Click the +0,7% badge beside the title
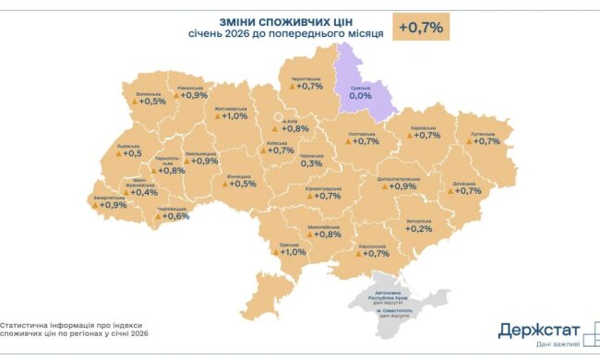coord(422,28)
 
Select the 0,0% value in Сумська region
coord(359,95)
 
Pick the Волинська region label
coord(149,92)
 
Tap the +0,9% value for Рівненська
coord(193,95)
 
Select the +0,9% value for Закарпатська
coord(112,205)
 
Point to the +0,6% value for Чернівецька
coord(174,217)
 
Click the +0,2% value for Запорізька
coord(418,229)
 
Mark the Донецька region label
coord(466,182)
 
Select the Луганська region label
coord(485,132)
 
